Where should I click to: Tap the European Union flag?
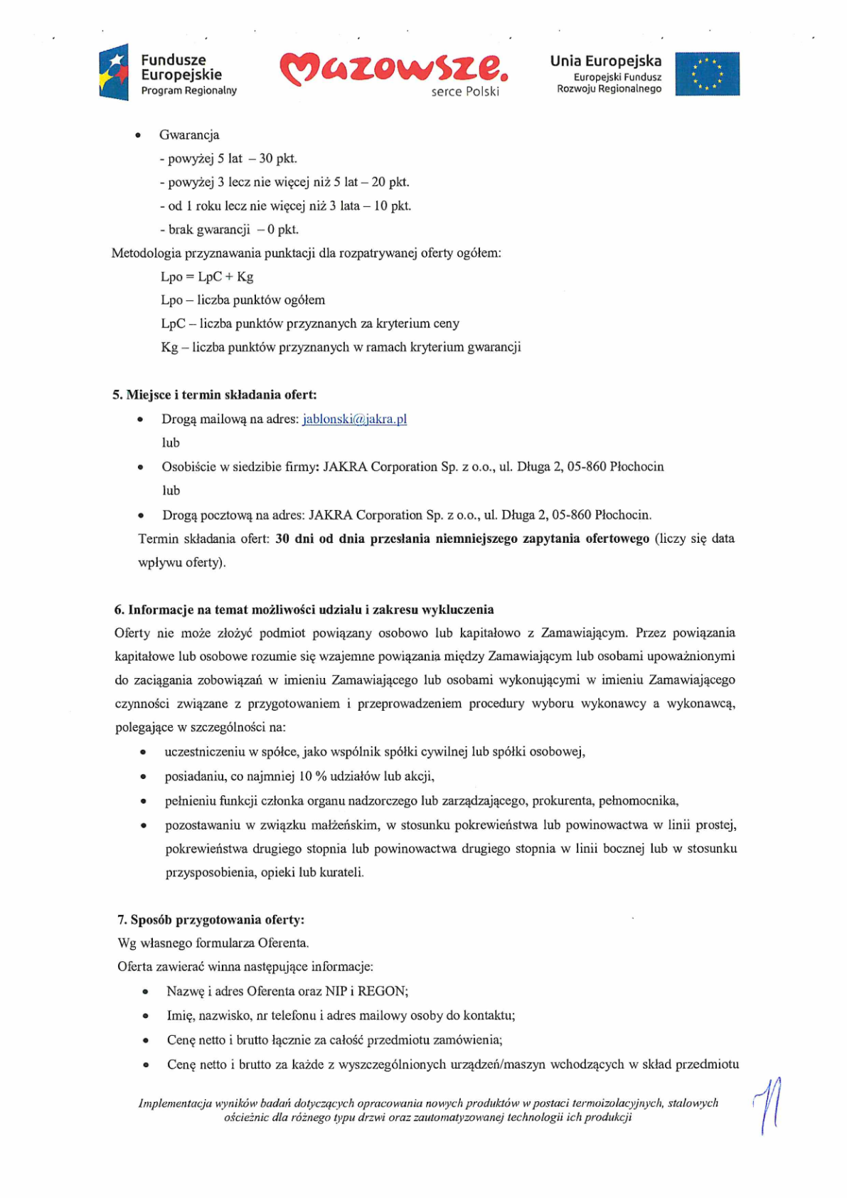click(x=707, y=74)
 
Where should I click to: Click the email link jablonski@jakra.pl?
click(x=354, y=419)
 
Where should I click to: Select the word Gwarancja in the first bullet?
click(x=189, y=135)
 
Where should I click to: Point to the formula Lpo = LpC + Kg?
click(x=207, y=277)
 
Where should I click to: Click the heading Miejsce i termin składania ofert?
click(x=214, y=395)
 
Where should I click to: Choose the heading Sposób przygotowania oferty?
click(x=211, y=920)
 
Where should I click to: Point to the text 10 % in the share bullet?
click(x=312, y=776)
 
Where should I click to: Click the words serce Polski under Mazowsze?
click(x=465, y=92)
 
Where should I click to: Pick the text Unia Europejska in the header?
click(x=605, y=61)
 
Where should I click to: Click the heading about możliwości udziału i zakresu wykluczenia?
click(x=304, y=610)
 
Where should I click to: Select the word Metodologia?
click(x=147, y=253)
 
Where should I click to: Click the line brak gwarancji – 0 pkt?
click(x=229, y=230)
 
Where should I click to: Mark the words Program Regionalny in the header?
click(x=188, y=90)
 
